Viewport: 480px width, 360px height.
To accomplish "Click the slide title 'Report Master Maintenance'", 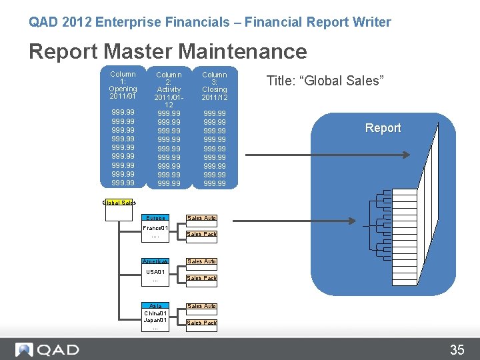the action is pos(167,51).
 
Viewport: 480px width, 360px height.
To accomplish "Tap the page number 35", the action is pos(457,349).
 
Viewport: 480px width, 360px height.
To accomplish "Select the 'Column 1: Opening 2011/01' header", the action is pos(123,85).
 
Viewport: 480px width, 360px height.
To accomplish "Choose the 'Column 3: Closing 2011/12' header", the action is pos(215,85).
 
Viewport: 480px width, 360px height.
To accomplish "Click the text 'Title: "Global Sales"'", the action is pos(325,81).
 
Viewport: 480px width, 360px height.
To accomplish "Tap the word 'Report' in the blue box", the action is pos(383,128).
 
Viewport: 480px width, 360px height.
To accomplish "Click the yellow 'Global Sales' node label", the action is pos(119,203).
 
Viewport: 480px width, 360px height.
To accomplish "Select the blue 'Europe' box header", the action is pos(155,218).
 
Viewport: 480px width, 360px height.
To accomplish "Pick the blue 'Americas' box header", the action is pos(155,261).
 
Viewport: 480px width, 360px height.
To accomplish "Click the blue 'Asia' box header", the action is pos(155,306).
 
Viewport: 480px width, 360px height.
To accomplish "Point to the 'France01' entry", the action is pos(155,228).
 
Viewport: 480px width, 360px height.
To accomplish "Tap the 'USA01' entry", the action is pos(155,272).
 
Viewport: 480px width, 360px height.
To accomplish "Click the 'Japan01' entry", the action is pos(155,320).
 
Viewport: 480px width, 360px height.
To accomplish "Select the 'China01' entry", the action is pos(155,313).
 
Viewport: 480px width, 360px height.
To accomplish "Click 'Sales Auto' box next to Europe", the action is pos(201,218).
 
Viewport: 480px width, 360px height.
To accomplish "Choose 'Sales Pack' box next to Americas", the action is pos(201,278).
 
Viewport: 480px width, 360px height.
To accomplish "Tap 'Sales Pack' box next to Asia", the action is pos(201,323).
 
